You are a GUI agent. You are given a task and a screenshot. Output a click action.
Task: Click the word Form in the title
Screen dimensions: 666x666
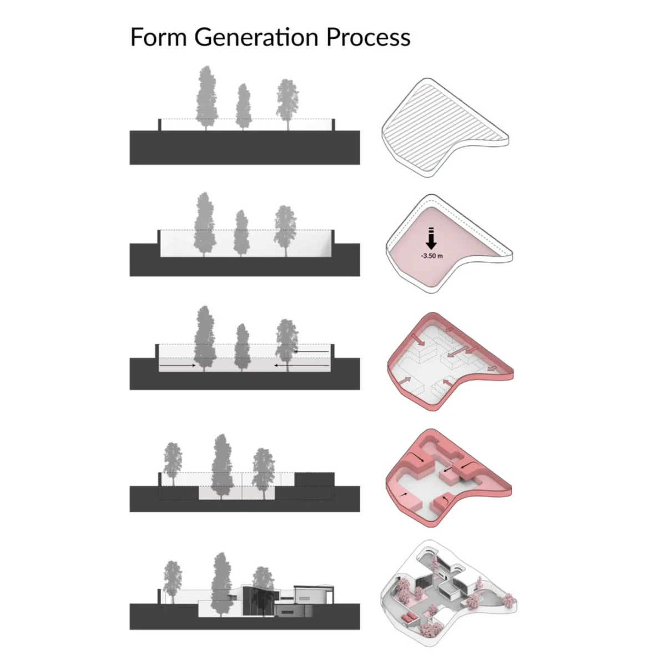click(x=159, y=37)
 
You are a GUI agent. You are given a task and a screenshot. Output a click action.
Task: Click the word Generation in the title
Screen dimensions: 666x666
click(x=256, y=37)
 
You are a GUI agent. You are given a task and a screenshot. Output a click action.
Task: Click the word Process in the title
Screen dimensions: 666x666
click(x=369, y=37)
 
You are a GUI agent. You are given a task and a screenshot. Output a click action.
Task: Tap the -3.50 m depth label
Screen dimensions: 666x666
click(x=432, y=256)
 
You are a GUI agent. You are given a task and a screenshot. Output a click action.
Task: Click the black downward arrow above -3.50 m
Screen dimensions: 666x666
click(x=431, y=239)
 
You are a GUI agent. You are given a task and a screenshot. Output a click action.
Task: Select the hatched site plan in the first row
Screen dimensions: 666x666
click(x=445, y=128)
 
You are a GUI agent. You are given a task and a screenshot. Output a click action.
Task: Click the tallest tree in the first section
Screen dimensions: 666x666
click(x=206, y=98)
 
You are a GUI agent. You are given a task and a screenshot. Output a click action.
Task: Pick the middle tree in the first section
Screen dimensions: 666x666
click(x=243, y=107)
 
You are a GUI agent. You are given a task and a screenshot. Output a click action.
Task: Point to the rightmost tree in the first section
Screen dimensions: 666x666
click(x=287, y=105)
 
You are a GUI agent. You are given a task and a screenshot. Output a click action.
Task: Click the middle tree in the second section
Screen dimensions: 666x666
click(x=241, y=233)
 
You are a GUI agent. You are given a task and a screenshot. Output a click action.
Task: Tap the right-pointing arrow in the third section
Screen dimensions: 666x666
click(x=178, y=365)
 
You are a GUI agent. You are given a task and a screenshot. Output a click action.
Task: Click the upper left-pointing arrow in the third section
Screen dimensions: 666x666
click(x=311, y=351)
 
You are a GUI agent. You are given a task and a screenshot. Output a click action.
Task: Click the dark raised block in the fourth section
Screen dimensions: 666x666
click(x=314, y=479)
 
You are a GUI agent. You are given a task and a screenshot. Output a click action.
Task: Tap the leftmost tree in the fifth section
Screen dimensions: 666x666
click(x=172, y=581)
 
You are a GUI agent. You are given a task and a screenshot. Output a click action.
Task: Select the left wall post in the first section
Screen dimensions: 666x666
click(x=160, y=125)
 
